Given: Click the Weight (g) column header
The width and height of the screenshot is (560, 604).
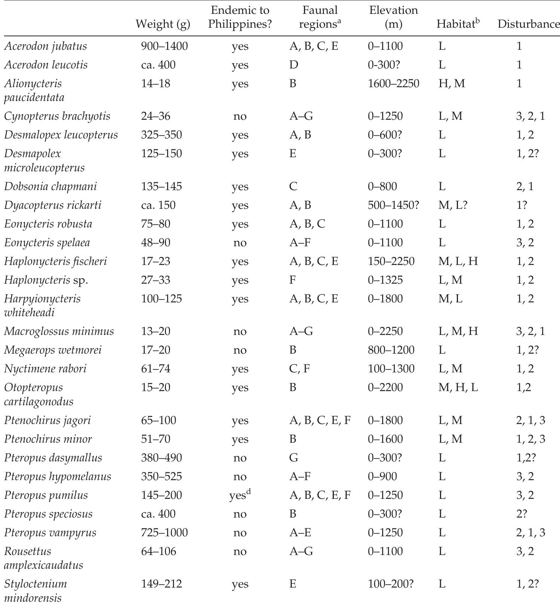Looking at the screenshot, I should pos(163,24).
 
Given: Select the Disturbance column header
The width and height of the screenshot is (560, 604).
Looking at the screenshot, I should pos(529,24).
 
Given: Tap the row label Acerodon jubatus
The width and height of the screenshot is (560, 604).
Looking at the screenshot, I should pos(46,46).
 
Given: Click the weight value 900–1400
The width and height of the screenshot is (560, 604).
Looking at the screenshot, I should pos(164,46).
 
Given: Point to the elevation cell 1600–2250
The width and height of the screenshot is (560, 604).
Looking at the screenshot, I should pos(394,83).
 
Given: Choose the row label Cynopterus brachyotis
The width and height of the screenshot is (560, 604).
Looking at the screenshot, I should pos(57,116).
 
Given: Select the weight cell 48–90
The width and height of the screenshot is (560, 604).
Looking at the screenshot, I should pos(156,242).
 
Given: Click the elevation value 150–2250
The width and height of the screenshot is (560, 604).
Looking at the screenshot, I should pos(391,261).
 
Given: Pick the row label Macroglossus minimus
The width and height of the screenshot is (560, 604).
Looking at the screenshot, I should pos(59,331).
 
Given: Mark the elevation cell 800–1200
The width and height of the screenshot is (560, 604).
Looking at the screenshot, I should pos(391,350).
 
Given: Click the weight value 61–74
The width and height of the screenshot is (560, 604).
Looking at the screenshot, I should pos(156,369).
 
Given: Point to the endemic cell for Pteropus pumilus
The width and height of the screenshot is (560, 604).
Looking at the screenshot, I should pos(240,495).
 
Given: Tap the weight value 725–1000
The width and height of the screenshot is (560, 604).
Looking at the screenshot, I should pos(164,533).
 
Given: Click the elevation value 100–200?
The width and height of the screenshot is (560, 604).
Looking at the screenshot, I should pos(391,584).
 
